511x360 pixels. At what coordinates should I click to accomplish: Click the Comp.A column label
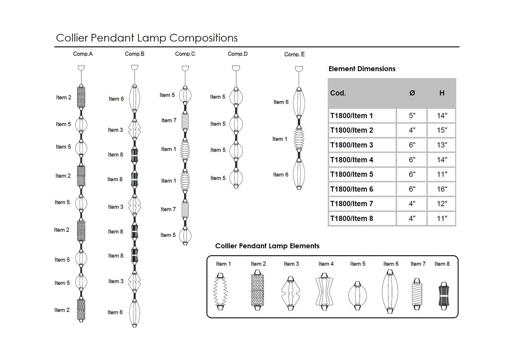click(83, 54)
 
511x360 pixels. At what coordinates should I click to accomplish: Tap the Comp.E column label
click(294, 54)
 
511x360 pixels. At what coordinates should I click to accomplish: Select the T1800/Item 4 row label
click(352, 160)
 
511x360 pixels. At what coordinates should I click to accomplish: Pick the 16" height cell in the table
click(442, 189)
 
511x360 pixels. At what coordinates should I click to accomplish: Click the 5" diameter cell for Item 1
click(412, 116)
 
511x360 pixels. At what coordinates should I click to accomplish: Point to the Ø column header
click(412, 93)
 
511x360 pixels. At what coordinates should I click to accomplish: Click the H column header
click(442, 93)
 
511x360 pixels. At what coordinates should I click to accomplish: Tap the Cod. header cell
click(338, 93)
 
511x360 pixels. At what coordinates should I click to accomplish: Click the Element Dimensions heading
click(362, 69)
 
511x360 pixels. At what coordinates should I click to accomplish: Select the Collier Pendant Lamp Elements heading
click(267, 246)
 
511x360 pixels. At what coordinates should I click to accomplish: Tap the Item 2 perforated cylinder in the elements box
click(258, 290)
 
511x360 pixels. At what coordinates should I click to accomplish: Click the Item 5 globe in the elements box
click(358, 295)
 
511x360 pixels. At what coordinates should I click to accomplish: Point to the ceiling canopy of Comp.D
click(236, 68)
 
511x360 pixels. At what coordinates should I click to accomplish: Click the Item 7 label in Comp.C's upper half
click(169, 121)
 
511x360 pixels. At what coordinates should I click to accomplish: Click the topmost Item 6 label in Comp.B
click(116, 99)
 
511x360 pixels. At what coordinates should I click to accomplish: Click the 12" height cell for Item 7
click(442, 204)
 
